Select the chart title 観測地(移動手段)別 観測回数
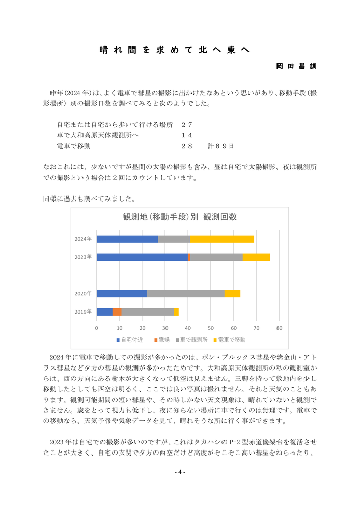180,217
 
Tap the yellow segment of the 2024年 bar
222,239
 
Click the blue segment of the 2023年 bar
142,257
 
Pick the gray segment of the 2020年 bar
185,293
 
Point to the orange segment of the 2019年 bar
117,312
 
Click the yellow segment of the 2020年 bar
232,293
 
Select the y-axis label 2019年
83,312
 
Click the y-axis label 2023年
83,257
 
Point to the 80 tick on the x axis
279,328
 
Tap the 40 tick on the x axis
188,328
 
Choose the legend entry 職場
161,340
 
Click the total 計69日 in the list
220,146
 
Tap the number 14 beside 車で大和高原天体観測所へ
186,135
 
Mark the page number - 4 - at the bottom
180,472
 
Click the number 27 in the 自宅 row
186,124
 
